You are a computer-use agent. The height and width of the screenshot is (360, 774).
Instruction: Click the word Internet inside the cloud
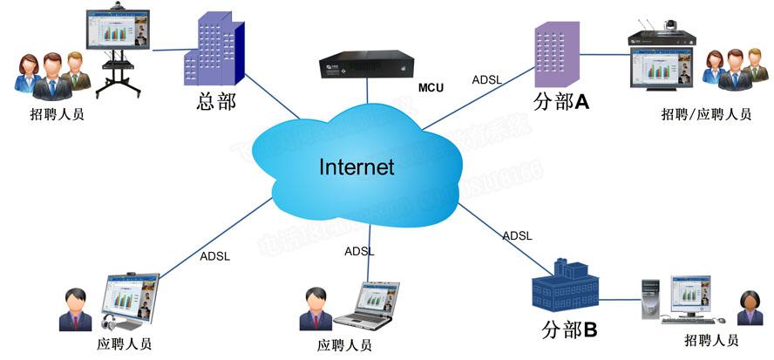coord(356,166)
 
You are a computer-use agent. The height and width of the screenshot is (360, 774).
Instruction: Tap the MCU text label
coord(432,87)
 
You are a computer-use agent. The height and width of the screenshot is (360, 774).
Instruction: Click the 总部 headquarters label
coord(215,102)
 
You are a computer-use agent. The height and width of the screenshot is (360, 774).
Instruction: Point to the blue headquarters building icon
coord(212,51)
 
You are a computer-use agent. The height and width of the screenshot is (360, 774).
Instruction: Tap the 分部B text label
coord(569,330)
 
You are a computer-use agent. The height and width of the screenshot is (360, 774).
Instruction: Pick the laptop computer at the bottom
coord(374,306)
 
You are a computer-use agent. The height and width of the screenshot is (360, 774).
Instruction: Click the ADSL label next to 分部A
coord(487,79)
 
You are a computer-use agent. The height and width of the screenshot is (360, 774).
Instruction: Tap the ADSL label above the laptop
coord(359,251)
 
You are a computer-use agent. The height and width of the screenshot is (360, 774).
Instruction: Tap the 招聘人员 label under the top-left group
coord(57,114)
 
